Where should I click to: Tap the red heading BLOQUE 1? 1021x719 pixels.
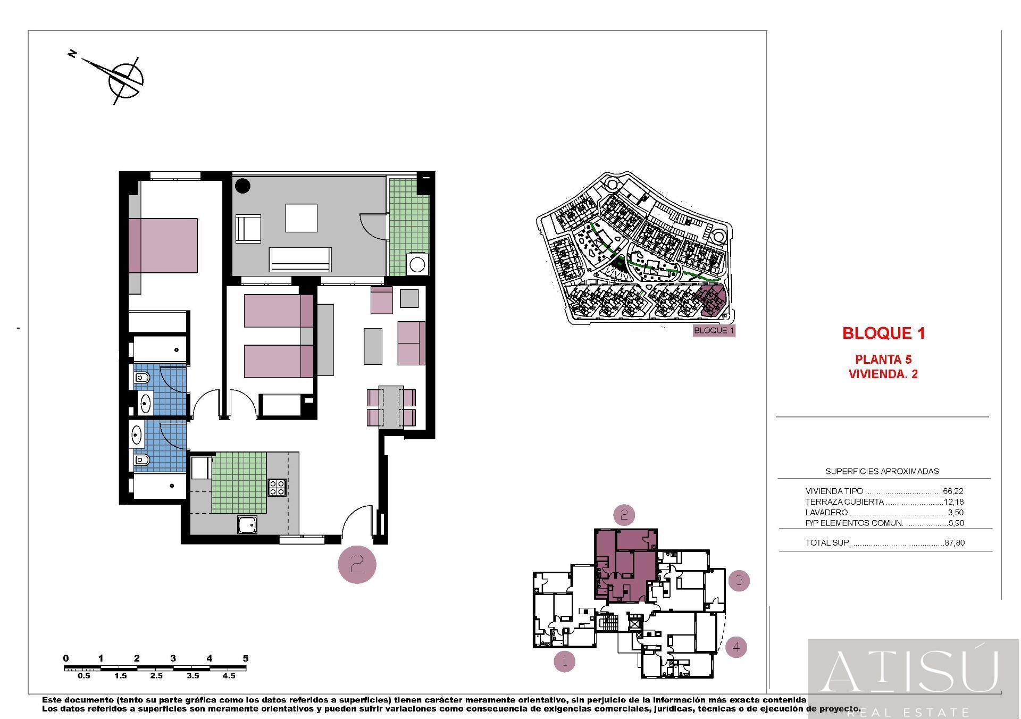(883, 333)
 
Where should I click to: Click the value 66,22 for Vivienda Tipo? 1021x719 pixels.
(953, 491)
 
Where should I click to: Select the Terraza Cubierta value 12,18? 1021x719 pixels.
(953, 502)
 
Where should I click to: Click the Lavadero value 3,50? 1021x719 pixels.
(956, 513)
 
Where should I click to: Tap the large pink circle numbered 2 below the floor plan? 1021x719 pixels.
(357, 564)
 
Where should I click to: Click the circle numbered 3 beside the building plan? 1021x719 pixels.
(739, 581)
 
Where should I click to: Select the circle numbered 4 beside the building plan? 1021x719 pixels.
(736, 647)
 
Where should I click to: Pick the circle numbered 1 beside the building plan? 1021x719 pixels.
(564, 662)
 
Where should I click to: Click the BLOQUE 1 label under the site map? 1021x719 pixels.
(714, 330)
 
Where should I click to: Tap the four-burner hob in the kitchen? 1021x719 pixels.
(277, 488)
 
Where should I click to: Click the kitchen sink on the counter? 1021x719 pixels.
(247, 525)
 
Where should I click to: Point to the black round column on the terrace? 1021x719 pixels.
(243, 186)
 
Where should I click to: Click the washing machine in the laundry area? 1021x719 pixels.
(417, 264)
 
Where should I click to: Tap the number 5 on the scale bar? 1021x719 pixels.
(245, 658)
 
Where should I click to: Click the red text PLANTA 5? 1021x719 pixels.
(883, 360)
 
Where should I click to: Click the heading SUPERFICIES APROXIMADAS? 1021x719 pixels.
(882, 471)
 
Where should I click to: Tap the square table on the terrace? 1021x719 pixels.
(302, 218)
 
